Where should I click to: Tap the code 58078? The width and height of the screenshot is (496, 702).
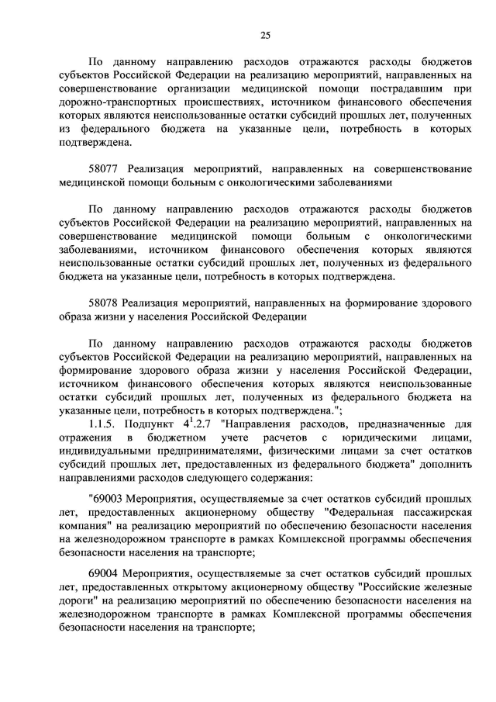pyautogui.click(x=105, y=303)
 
